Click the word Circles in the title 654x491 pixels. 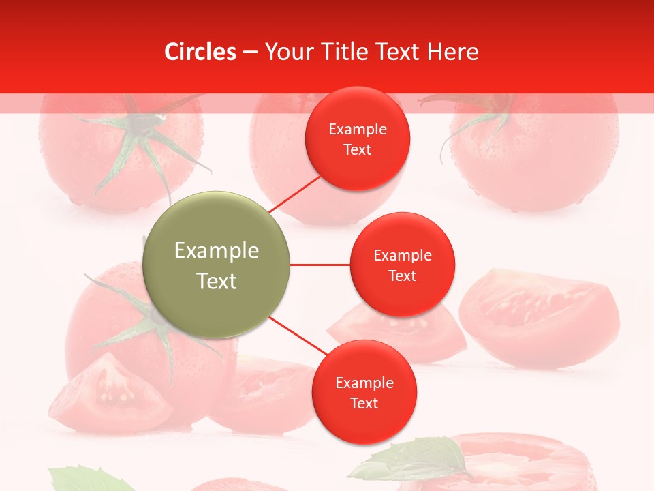pos(200,52)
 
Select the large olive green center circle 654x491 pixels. pos(216,265)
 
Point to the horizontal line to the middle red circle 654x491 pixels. pos(320,265)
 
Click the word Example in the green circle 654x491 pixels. pos(216,251)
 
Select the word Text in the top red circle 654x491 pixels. pos(357,150)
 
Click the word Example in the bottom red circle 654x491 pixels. pos(364,383)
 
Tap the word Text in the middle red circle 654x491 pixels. pos(402,276)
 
